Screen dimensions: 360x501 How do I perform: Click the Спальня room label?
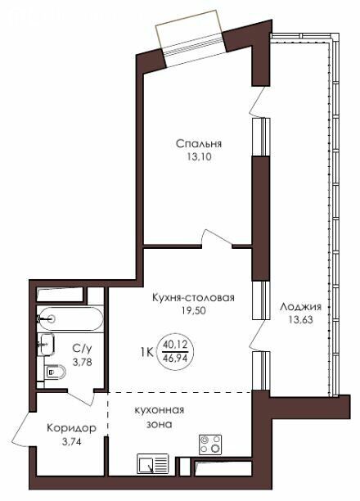[199, 143]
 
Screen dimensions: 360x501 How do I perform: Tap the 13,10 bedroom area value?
[198, 157]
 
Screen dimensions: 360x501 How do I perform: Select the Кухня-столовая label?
[193, 297]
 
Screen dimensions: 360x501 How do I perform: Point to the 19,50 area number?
[194, 310]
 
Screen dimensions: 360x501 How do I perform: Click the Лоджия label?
[300, 307]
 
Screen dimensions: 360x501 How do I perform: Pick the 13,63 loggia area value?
[300, 319]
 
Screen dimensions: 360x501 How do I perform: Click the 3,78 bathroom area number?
[83, 363]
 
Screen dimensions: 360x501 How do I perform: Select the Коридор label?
[71, 428]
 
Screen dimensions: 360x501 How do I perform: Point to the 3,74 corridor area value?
[71, 442]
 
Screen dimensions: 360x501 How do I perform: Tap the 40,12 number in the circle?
[174, 345]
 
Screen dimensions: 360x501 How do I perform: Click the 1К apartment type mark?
[146, 353]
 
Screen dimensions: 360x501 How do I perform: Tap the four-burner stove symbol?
[210, 445]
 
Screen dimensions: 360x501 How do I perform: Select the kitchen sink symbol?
[153, 464]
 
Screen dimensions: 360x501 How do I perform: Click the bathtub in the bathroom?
[70, 318]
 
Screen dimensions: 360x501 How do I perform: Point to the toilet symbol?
[56, 372]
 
